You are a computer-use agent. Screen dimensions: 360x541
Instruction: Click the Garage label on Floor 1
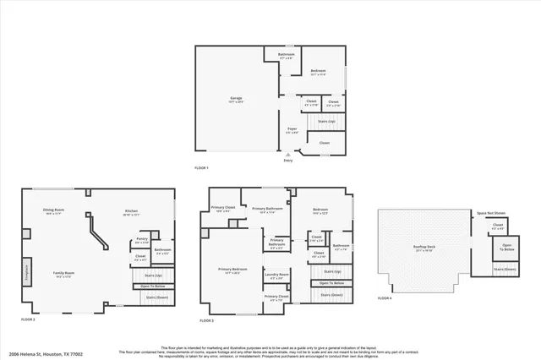(236, 98)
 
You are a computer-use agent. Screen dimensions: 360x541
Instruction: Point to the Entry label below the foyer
(288, 161)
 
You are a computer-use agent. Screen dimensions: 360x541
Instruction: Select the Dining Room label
(55, 211)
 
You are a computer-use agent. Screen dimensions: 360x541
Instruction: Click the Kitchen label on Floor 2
(131, 211)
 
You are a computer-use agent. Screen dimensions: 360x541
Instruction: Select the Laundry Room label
(276, 275)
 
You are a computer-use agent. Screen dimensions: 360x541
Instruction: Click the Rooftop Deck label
(424, 248)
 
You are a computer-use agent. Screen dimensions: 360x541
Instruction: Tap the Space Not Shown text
(491, 213)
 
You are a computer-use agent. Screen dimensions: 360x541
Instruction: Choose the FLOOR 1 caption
(201, 168)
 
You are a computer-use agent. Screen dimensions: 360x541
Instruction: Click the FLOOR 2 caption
(29, 319)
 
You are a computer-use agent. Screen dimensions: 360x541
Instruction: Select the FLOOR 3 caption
(207, 320)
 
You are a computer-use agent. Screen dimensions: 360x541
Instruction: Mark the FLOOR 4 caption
(385, 298)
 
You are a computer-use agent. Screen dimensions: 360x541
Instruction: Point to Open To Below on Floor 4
(506, 248)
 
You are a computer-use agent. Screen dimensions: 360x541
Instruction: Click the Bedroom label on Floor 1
(317, 70)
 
